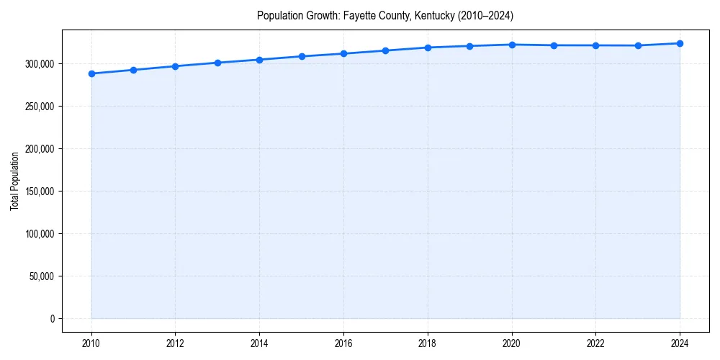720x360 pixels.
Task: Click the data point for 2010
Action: pyautogui.click(x=91, y=73)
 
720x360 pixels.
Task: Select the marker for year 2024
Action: pyautogui.click(x=680, y=43)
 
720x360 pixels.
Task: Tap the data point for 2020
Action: pyautogui.click(x=512, y=45)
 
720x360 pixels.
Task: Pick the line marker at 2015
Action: pyautogui.click(x=302, y=56)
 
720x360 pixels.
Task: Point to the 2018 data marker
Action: pyautogui.click(x=428, y=48)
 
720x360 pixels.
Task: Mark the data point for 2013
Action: pyautogui.click(x=217, y=63)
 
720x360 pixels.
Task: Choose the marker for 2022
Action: pyautogui.click(x=596, y=45)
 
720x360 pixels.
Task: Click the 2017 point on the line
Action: pyautogui.click(x=386, y=50)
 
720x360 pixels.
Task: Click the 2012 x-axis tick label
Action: pyautogui.click(x=176, y=343)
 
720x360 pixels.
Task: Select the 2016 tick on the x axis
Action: pyautogui.click(x=343, y=343)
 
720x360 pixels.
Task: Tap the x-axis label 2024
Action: pyautogui.click(x=680, y=343)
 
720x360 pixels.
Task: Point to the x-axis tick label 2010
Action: pyautogui.click(x=91, y=343)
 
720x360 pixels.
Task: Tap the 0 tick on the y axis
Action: pyautogui.click(x=52, y=319)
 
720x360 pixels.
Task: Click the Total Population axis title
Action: pyautogui.click(x=14, y=181)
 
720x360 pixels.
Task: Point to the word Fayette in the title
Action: pyautogui.click(x=359, y=15)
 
